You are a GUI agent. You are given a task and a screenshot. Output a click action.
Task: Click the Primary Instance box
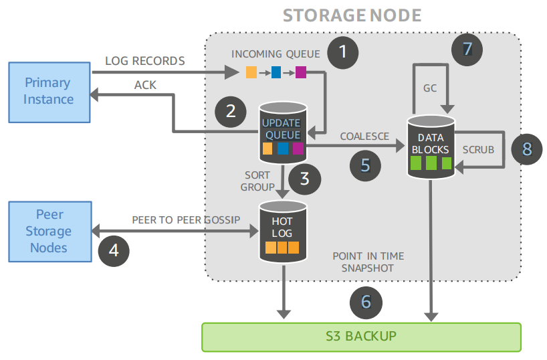click(x=49, y=92)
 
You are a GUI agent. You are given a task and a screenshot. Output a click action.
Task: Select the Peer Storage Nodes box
click(x=49, y=231)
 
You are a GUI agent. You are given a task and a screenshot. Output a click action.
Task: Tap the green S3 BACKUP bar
click(x=361, y=337)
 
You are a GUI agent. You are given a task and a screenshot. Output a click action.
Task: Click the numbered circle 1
click(x=344, y=52)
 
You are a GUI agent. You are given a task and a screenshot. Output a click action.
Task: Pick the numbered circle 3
click(x=304, y=179)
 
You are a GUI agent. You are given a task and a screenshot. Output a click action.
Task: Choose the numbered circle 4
click(x=114, y=250)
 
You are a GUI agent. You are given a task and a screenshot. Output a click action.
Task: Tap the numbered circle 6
click(x=366, y=301)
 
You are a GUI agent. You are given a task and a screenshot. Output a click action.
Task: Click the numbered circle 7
click(x=467, y=48)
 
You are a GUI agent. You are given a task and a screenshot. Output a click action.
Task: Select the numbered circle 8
click(x=527, y=149)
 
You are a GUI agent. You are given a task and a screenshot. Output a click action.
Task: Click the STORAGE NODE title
click(x=352, y=15)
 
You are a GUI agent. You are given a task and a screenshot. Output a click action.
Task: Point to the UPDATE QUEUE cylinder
click(x=282, y=130)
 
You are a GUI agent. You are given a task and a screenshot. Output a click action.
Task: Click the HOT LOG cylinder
click(x=282, y=231)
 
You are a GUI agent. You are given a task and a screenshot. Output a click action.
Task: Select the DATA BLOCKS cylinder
click(x=431, y=146)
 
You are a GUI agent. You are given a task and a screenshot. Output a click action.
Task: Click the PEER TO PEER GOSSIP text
click(x=186, y=220)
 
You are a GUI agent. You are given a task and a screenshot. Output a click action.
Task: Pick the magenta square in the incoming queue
click(x=300, y=72)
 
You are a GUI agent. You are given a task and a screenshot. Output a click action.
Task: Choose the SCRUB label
click(x=478, y=149)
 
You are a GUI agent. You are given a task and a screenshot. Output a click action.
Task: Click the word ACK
click(x=145, y=85)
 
